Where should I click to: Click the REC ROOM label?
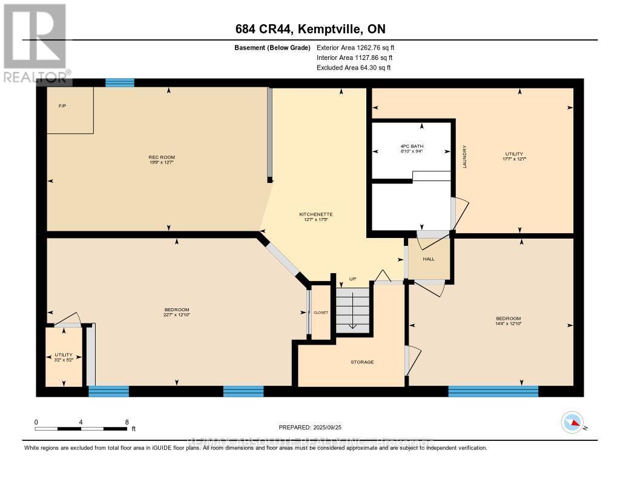click(x=162, y=157)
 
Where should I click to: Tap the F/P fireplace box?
click(x=70, y=110)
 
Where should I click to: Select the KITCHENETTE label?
click(x=316, y=214)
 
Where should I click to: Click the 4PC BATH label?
click(x=412, y=147)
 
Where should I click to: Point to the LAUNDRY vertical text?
click(x=464, y=156)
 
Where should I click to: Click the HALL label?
click(x=429, y=259)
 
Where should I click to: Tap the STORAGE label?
click(x=362, y=362)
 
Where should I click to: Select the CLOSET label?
click(x=321, y=312)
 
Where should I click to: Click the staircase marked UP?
click(x=353, y=308)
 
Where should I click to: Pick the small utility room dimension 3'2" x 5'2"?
click(x=64, y=360)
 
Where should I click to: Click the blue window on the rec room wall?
click(x=119, y=83)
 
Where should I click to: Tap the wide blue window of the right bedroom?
click(x=493, y=391)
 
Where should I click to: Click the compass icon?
click(x=572, y=421)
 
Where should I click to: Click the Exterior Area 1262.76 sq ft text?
click(x=355, y=47)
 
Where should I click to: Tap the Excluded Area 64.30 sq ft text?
click(x=354, y=68)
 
